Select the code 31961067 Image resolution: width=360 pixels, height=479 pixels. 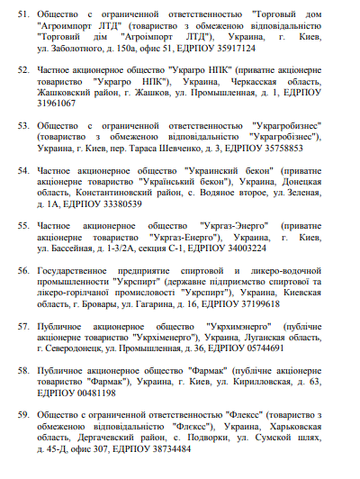57,103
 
